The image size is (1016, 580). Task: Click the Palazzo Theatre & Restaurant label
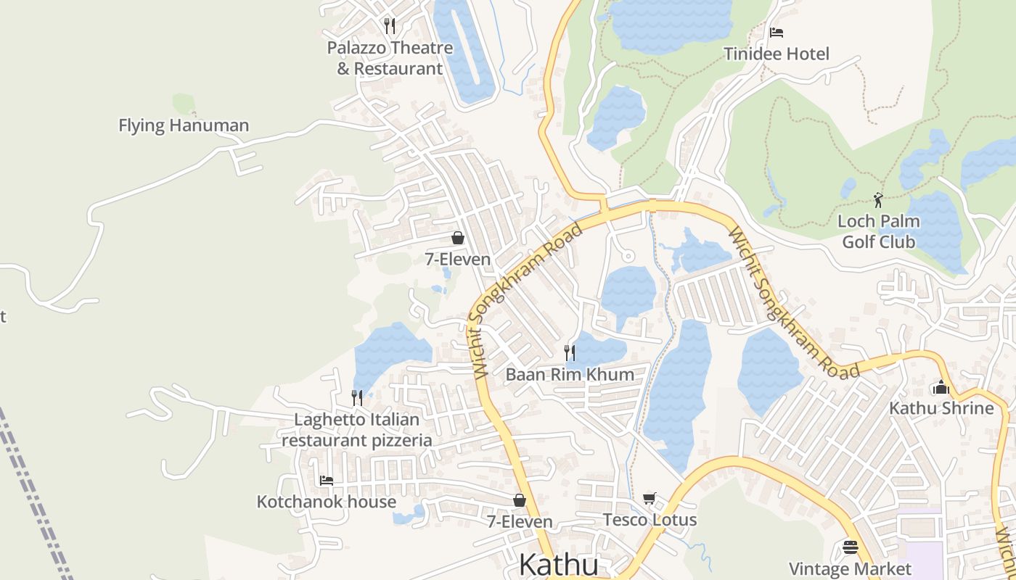coord(390,58)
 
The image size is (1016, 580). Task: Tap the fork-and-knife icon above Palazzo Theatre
coord(390,26)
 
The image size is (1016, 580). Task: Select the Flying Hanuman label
coord(184,125)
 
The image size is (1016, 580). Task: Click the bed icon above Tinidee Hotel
coord(777,33)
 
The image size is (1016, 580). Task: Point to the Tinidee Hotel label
coord(777,54)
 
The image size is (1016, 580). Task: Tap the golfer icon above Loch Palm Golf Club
coord(879,199)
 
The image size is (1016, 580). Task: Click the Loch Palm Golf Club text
coord(879,231)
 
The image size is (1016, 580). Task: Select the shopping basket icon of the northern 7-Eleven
coord(458,238)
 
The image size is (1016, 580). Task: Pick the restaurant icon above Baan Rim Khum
coord(570,353)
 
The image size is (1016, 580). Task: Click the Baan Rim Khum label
coord(570,374)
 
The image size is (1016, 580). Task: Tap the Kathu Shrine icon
coord(941,387)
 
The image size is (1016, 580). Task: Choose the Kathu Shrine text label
coord(941,408)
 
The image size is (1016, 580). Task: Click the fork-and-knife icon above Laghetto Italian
coord(357,397)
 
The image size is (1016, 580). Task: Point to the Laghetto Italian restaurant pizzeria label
coord(357,429)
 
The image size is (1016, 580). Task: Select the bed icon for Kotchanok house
coord(327,480)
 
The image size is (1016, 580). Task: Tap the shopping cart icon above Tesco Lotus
coord(650,499)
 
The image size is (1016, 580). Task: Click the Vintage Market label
coord(850,568)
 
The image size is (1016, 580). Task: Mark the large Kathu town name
coord(559,565)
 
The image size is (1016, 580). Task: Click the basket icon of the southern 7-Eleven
coord(520,500)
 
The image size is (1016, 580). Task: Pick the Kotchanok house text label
coord(327,502)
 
